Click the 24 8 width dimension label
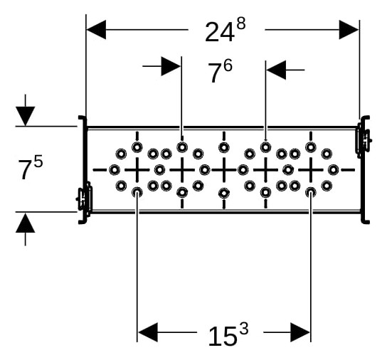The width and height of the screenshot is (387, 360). point(225,30)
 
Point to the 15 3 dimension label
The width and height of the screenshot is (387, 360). point(228,334)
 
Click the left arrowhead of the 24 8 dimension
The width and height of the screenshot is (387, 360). point(96,30)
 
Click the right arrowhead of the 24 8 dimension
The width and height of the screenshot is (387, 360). point(349,30)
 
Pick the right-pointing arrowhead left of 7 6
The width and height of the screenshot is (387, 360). point(171,66)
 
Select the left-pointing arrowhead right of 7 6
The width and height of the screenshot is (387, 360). point(276,70)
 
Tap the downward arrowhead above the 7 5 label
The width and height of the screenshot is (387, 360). point(25,116)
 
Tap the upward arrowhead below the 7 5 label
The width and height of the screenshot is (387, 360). point(25,223)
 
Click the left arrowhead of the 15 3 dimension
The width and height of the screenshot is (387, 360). point(147,332)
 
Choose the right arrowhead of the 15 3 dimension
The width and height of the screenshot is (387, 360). point(300,332)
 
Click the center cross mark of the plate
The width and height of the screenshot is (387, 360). point(224,170)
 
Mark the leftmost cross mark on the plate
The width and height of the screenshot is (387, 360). point(137,170)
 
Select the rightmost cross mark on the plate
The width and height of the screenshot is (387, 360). point(311,170)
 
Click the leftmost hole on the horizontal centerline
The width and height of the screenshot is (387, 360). point(115,170)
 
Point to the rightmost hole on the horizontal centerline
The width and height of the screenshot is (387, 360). point(334,170)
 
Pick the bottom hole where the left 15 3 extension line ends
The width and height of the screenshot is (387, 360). point(137,192)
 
